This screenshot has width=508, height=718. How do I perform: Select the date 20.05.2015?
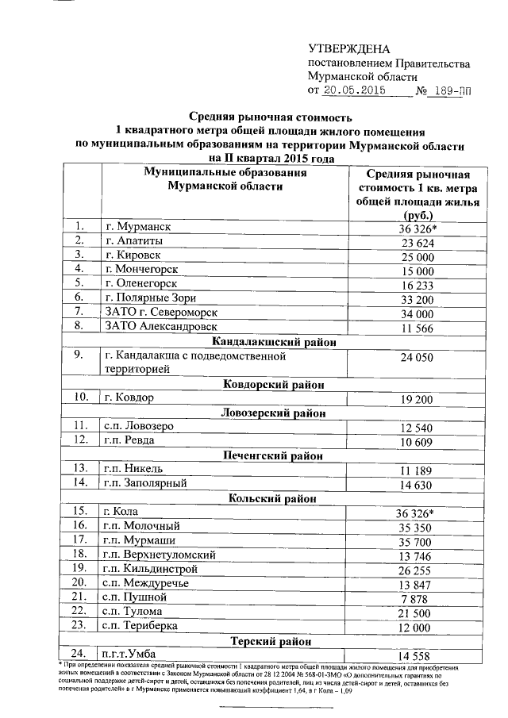(354, 90)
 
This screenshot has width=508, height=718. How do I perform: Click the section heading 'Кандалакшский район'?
(275, 342)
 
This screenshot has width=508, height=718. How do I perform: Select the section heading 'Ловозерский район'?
(275, 412)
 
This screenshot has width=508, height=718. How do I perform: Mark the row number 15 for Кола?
(79, 511)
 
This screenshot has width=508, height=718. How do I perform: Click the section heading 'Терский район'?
(275, 640)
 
